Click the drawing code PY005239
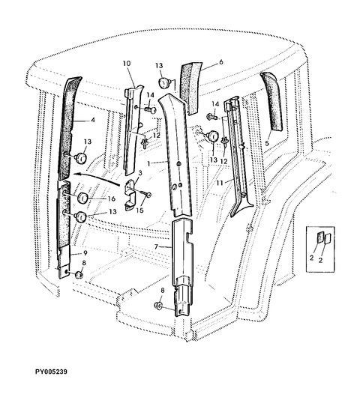[51, 372]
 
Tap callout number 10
[127, 64]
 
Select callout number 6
[220, 62]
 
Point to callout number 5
[267, 143]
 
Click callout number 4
[93, 120]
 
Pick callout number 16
[111, 199]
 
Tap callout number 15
[139, 210]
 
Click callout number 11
[220, 183]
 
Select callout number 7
[156, 246]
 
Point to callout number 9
[85, 252]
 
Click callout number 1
[148, 163]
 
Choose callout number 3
[140, 173]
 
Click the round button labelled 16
[83, 198]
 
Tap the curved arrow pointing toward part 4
[96, 178]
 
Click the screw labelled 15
[145, 193]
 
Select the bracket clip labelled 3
[130, 194]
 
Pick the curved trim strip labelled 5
[271, 101]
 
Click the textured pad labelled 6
[191, 88]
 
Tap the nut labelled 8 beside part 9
[79, 275]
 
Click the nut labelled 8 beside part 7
[158, 306]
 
